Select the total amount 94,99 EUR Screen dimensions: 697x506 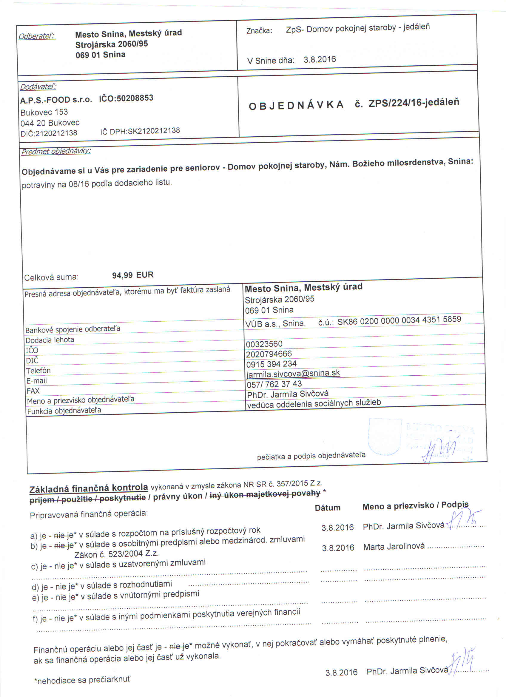tap(133, 275)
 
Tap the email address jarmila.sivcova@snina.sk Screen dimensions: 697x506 tap(293, 373)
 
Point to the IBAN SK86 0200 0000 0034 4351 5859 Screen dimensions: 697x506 tap(399, 320)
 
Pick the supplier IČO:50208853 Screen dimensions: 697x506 tap(126, 98)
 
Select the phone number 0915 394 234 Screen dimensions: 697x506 tap(271, 364)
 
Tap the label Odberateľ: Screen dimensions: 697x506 tap(37, 36)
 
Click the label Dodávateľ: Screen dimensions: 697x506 tap(38, 87)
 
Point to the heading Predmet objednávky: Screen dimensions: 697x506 tap(55, 151)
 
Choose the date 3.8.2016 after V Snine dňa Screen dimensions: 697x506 tap(320, 59)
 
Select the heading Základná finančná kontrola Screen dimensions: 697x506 tap(89, 488)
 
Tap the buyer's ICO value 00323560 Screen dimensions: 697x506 tap(264, 344)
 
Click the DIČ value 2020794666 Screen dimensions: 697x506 tap(269, 354)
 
